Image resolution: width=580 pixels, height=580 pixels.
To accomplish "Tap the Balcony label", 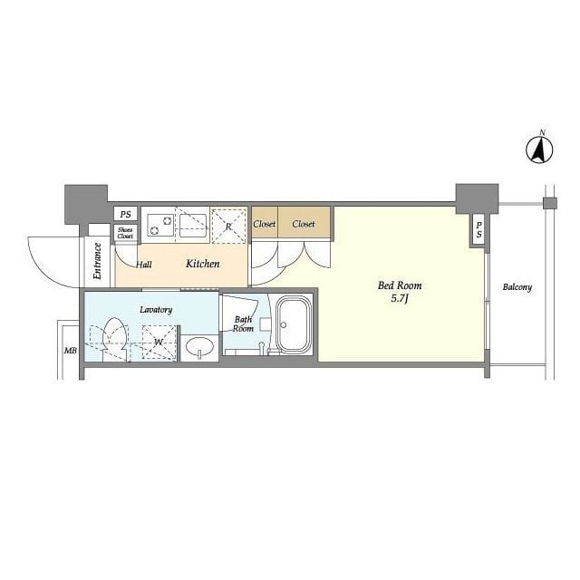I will (517, 288).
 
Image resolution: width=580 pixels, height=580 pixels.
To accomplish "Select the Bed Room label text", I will (400, 285).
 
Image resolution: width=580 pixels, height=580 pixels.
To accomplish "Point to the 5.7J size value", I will (400, 299).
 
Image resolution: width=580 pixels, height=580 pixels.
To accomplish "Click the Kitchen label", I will (202, 265).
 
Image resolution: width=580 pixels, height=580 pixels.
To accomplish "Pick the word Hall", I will (144, 266).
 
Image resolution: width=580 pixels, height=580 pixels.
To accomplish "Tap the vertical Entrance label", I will (97, 262).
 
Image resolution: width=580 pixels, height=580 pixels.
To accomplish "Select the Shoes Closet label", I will (125, 234).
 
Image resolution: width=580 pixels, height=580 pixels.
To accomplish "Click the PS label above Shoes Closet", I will (125, 215).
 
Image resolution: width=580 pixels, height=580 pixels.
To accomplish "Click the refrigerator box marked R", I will (228, 225).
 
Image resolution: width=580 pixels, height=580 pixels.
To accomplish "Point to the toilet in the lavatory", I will (112, 335).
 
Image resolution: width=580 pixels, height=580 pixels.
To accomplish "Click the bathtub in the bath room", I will (293, 324).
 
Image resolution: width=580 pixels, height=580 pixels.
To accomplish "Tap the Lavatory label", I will (156, 310).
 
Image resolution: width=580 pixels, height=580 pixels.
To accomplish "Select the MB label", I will (69, 350).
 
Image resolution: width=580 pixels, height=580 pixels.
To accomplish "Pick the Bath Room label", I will (242, 324).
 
